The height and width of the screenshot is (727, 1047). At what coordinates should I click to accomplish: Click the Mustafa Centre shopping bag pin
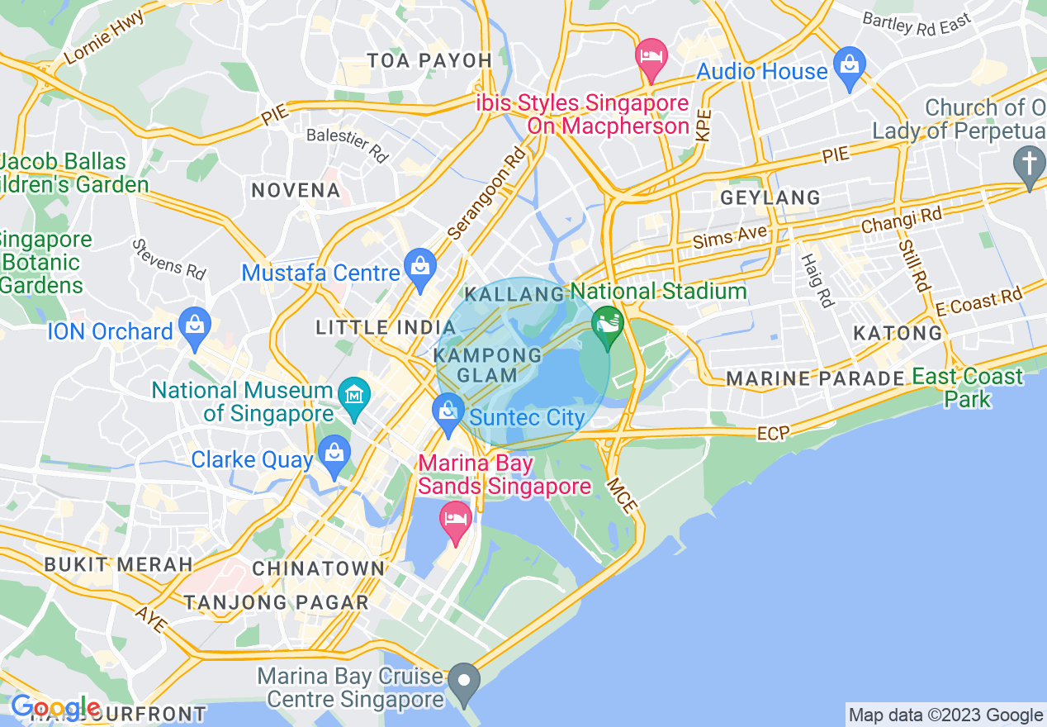420,266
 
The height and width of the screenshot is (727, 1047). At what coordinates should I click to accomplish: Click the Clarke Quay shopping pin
334,454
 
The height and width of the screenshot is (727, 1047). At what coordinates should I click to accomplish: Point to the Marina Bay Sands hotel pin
456,520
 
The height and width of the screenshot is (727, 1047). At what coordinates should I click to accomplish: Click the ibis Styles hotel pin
651,56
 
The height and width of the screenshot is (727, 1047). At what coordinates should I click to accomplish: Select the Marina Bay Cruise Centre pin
464,681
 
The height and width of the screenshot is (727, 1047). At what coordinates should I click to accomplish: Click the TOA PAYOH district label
429,60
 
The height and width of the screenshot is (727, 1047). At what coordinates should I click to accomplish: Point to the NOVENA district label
296,190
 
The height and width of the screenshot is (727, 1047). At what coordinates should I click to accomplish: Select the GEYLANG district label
770,198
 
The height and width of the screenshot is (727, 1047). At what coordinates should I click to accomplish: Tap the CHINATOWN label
319,568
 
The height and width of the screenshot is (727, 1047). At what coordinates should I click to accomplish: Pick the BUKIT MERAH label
118,565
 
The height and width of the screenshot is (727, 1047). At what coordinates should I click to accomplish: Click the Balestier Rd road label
347,144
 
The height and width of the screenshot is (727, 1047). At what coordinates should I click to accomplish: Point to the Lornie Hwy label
103,37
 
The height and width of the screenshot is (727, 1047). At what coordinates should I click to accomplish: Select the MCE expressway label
622,495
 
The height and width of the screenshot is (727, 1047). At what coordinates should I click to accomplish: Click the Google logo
54,707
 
